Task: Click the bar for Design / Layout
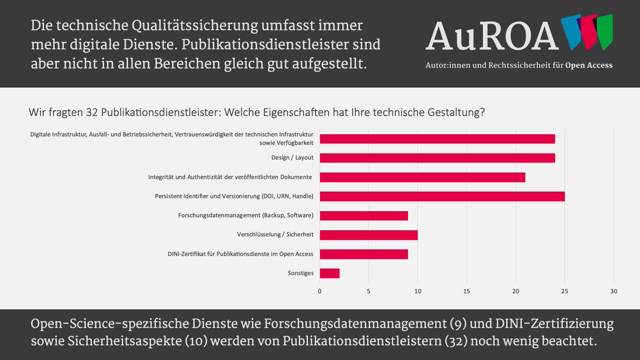coord(437,158)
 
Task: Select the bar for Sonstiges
coord(329,273)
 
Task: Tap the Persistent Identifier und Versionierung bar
coord(442,196)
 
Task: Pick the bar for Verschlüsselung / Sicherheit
coord(368,235)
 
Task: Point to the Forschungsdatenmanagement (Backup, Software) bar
coord(363,215)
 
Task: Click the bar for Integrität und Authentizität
coord(422,177)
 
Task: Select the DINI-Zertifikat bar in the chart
coord(363,254)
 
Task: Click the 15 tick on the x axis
coord(467,291)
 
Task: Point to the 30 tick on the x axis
coord(614,291)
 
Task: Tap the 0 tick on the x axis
coord(319,291)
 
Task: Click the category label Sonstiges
coord(300,273)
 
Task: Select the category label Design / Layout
coord(292,158)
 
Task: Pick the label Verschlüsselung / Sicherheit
coord(275,235)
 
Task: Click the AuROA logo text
coord(492,36)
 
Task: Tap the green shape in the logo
coord(604,32)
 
